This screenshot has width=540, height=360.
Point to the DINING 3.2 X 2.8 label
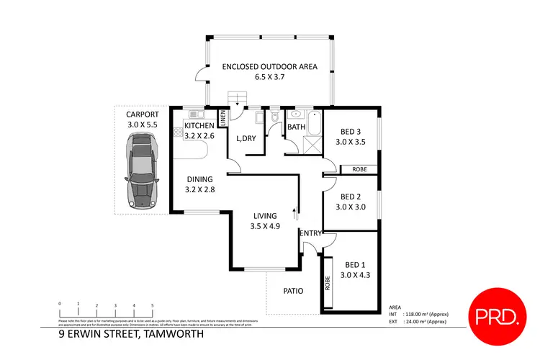coord(200,185)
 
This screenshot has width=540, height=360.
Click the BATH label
coord(297,127)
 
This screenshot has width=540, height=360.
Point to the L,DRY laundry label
coord(247,138)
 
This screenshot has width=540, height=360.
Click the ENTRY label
coord(310,233)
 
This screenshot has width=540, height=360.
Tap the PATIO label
coord(292,292)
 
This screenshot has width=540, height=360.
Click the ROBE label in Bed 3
coord(359,170)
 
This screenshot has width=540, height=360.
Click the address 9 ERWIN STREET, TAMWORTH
coord(131,334)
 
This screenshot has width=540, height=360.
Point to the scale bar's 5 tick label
coord(152,305)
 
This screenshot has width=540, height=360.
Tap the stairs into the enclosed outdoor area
coord(238,99)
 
